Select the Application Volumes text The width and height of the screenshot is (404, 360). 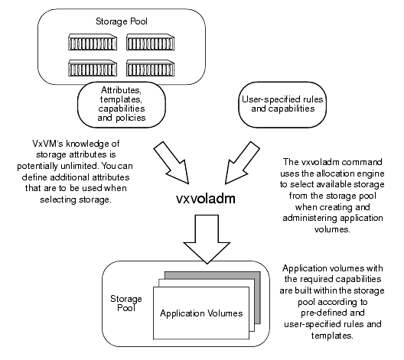202,314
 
